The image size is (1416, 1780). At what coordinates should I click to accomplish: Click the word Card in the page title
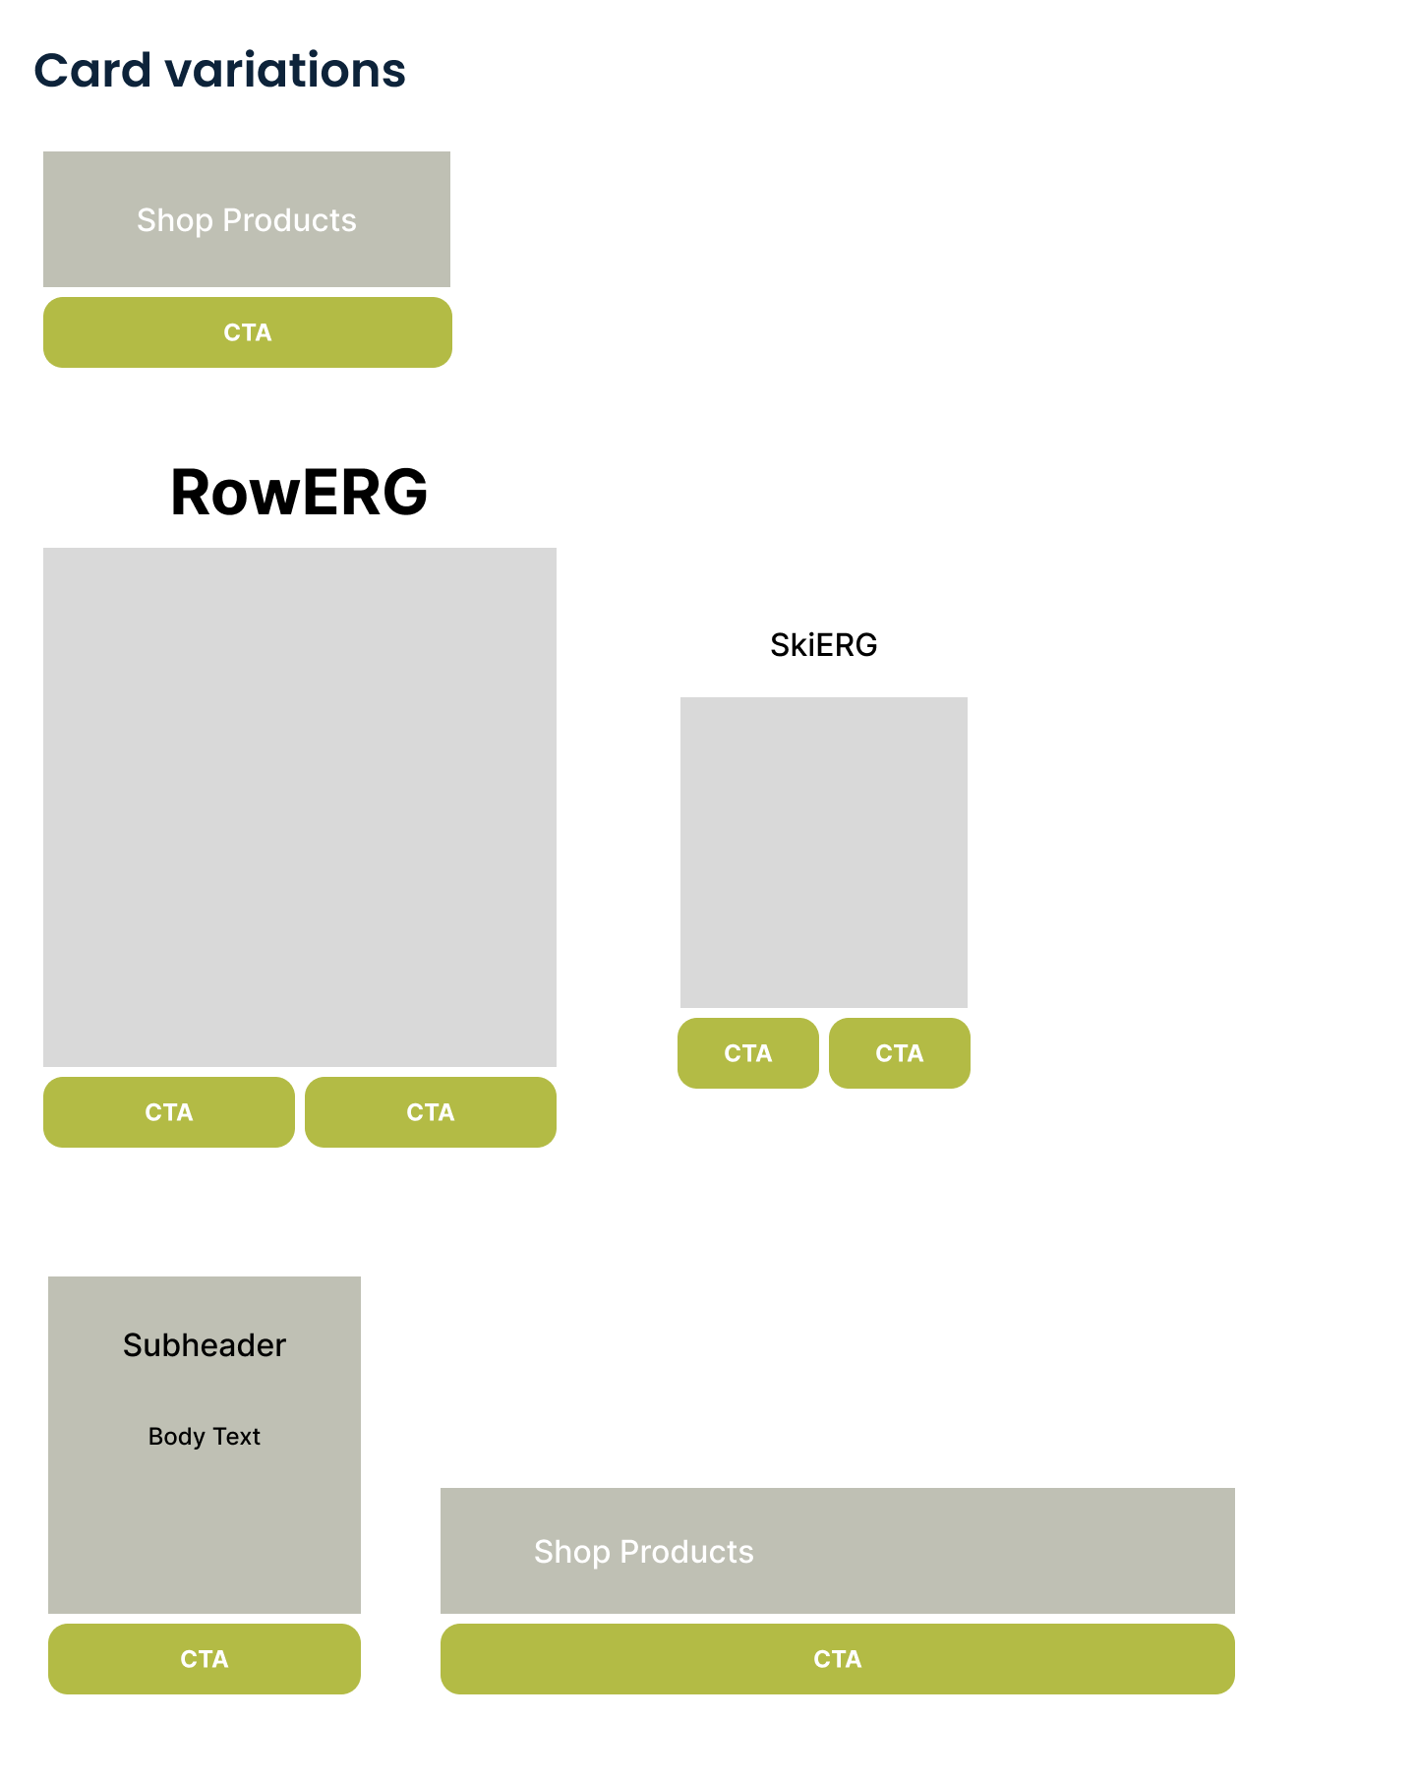pos(92,71)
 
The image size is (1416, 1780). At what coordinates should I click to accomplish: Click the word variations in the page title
pos(285,71)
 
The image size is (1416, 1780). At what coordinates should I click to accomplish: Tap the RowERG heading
pos(299,492)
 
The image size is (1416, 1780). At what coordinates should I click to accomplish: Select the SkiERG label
pos(823,645)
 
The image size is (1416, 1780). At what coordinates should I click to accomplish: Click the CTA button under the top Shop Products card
pos(247,332)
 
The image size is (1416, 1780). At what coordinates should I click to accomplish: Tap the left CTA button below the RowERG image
pos(168,1112)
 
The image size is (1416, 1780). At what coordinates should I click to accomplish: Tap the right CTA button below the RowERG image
pos(430,1112)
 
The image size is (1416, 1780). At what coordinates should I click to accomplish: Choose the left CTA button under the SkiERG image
pos(747,1053)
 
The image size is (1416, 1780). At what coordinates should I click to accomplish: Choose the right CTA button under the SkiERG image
pos(899,1053)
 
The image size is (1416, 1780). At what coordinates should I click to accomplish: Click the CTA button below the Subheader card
pos(204,1659)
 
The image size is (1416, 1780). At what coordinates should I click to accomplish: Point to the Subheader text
pos(204,1345)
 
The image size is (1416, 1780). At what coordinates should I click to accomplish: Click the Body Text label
pos(204,1437)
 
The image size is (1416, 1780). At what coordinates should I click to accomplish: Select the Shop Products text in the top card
pos(246,220)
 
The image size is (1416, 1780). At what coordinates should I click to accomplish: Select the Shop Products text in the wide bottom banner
pos(643,1552)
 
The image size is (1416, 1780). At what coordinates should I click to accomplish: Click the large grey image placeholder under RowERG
pos(299,806)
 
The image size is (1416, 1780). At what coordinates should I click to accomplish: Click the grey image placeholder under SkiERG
pos(823,852)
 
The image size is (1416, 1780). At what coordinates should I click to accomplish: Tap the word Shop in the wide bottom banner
pos(571,1552)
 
